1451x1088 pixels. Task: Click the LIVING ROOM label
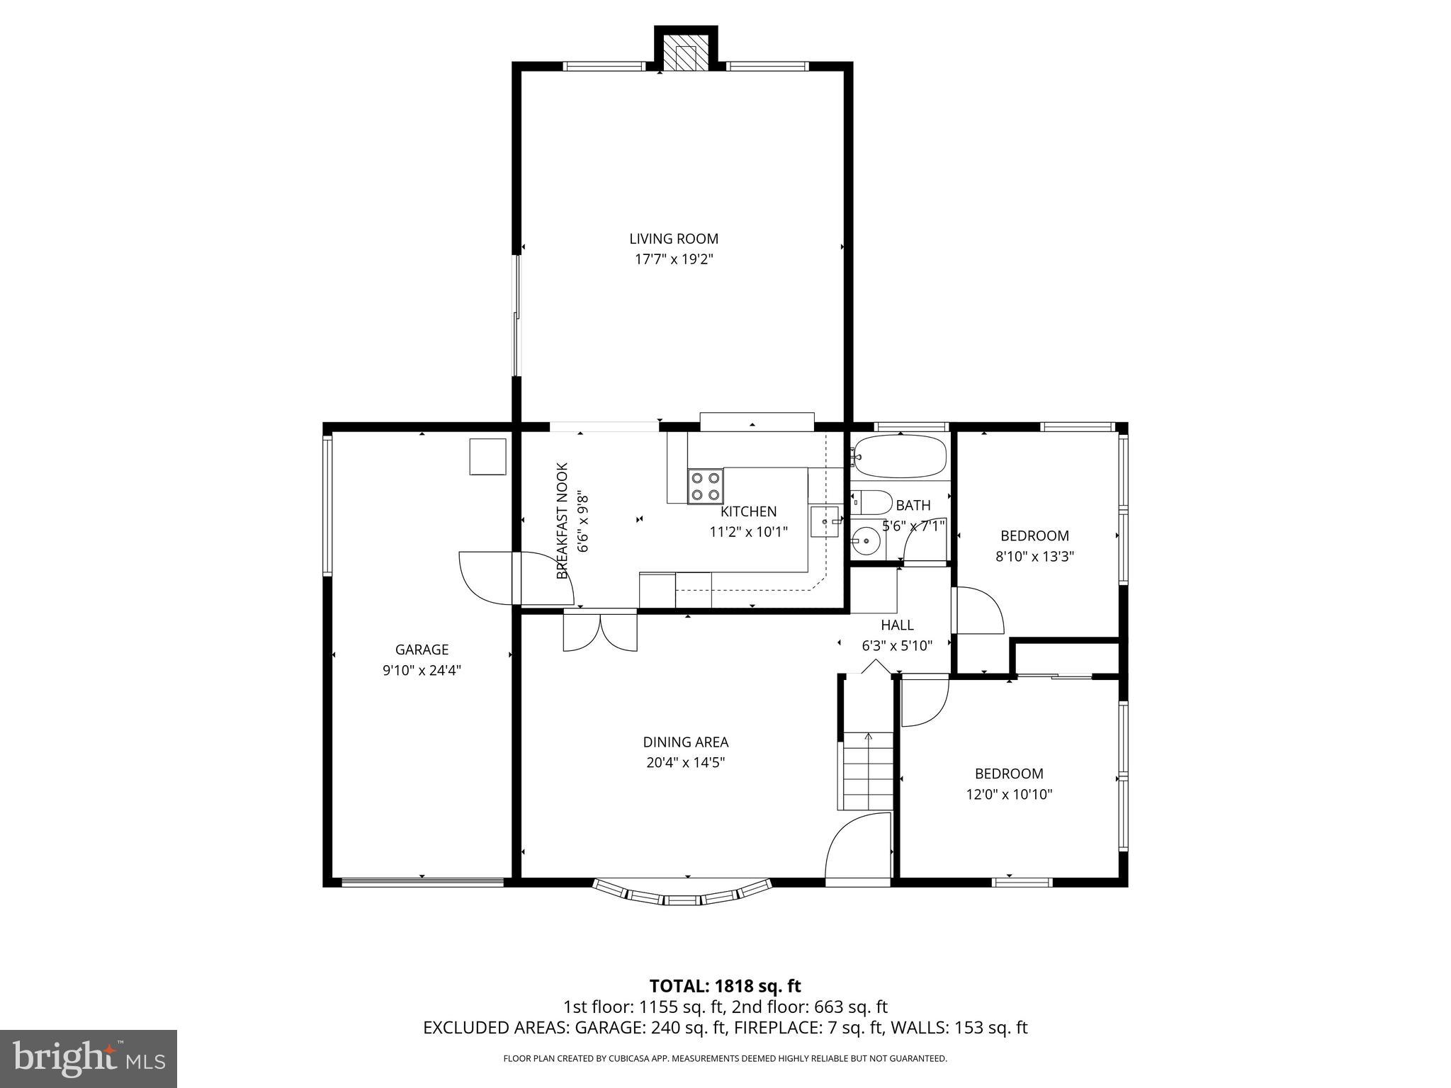click(673, 239)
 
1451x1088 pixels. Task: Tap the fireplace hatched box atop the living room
click(685, 57)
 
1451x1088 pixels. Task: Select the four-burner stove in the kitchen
click(705, 486)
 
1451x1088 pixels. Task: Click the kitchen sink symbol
click(825, 522)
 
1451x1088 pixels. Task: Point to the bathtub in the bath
click(900, 457)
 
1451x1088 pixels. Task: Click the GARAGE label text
click(422, 650)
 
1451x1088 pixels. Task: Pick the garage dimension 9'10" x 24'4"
click(422, 670)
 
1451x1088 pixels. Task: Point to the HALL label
click(897, 625)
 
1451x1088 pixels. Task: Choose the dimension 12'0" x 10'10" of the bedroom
click(1009, 795)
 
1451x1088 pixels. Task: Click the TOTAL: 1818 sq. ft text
click(725, 985)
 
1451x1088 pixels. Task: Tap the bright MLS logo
click(89, 1058)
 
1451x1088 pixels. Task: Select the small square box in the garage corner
click(487, 457)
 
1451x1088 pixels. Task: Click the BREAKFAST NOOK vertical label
click(563, 521)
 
